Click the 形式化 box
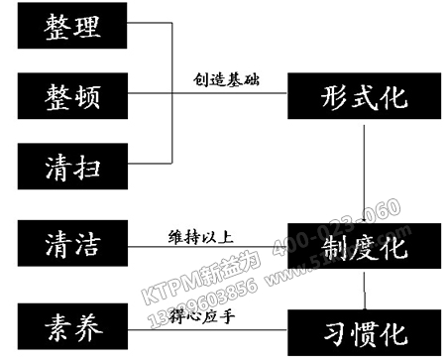click(x=365, y=97)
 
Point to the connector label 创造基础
click(x=227, y=78)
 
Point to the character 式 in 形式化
click(x=365, y=97)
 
